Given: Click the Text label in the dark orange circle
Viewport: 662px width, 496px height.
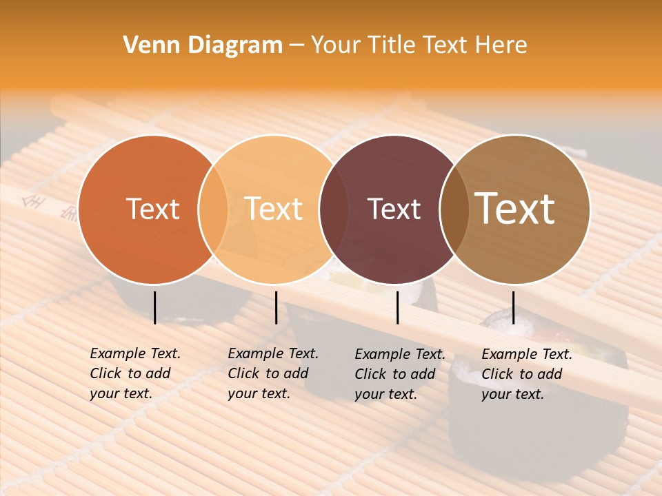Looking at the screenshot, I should click(x=152, y=209).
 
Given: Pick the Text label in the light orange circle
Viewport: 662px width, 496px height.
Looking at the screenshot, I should click(x=274, y=209).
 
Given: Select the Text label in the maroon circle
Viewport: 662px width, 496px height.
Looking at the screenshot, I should click(x=394, y=209).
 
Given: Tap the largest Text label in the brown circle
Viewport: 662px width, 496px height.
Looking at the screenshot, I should click(x=515, y=209).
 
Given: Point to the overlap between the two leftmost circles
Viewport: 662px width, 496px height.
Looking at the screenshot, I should click(x=213, y=209).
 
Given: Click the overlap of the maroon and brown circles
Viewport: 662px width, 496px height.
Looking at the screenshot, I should click(x=454, y=209).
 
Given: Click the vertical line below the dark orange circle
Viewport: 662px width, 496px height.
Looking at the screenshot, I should click(x=154, y=307).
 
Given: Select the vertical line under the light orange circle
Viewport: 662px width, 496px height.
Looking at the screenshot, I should click(x=276, y=307).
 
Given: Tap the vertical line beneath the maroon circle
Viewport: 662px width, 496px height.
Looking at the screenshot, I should click(x=397, y=307).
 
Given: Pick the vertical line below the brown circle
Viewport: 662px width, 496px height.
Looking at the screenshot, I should click(x=513, y=307).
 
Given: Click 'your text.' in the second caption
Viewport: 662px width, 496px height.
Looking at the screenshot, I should click(x=259, y=394).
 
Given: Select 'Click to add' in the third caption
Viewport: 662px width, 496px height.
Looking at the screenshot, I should click(x=395, y=374).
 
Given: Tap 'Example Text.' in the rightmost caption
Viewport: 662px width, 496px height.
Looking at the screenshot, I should click(x=527, y=355).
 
